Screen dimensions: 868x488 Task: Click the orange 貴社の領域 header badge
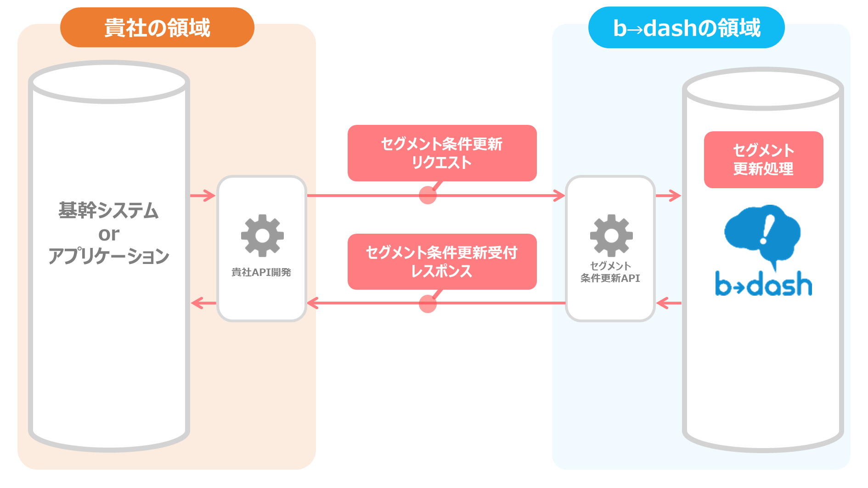157,27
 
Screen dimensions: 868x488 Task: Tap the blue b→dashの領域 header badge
686,28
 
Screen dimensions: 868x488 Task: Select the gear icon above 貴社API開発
262,236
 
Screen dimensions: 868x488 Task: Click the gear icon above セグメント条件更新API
611,236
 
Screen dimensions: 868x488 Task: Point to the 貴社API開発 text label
261,272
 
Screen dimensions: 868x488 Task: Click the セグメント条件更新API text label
610,272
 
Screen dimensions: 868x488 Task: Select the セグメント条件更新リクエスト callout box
442,153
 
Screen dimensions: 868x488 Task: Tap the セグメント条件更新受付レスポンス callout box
442,262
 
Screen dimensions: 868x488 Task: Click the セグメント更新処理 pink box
763,160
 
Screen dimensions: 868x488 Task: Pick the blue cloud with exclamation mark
762,234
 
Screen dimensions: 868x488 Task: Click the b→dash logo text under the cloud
763,283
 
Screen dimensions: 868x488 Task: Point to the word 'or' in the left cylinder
109,234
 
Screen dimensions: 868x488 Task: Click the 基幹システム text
108,210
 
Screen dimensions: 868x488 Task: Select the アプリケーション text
109,256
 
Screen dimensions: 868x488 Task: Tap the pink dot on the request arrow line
428,195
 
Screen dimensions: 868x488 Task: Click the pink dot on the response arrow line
428,304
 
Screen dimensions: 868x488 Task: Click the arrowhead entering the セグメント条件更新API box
559,196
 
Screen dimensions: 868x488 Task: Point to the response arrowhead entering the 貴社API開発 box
313,303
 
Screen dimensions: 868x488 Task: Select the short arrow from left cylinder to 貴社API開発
203,196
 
